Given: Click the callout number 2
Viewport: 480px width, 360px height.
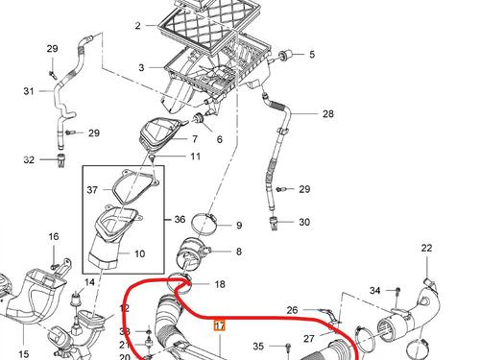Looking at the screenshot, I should tap(137, 25).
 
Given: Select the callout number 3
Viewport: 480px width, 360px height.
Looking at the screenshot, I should tap(141, 68).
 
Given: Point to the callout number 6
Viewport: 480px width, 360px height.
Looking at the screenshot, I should tap(219, 139).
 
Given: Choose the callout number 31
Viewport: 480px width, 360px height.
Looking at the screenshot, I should tap(28, 91).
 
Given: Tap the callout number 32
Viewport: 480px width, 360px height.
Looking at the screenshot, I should tap(29, 159).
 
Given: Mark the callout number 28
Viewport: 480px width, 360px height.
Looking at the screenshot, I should tap(327, 114).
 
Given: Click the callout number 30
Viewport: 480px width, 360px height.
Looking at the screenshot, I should tap(304, 222).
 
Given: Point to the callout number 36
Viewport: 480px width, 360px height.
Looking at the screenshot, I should tap(180, 219).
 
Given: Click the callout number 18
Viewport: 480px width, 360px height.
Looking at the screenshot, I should tap(220, 284).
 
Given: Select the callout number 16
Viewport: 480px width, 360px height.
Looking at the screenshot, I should tap(54, 236).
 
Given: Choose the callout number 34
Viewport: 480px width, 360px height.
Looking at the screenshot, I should tap(376, 290).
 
